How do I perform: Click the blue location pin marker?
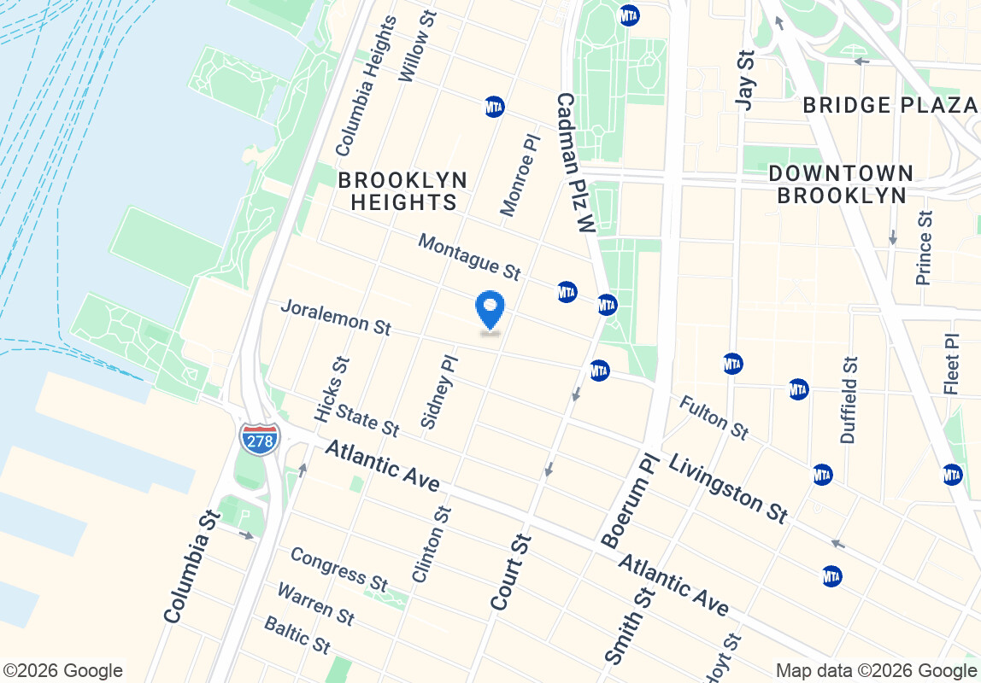(490, 311)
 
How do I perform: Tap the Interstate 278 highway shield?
(259, 437)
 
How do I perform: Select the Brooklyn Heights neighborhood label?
(402, 191)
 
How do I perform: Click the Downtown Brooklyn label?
(841, 184)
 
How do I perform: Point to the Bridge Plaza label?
(890, 105)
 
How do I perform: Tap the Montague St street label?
(469, 256)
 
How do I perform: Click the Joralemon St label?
(336, 317)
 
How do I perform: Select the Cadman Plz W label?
(574, 163)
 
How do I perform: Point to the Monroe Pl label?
(520, 174)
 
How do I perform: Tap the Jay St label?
(746, 79)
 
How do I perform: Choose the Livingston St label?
(727, 487)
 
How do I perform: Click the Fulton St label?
(714, 417)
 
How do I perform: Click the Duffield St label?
(849, 400)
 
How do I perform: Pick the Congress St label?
(338, 569)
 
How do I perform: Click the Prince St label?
(925, 247)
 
